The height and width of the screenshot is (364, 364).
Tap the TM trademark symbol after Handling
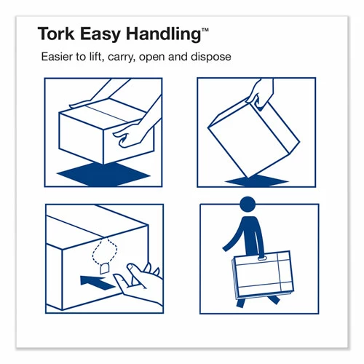pyautogui.click(x=205, y=28)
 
